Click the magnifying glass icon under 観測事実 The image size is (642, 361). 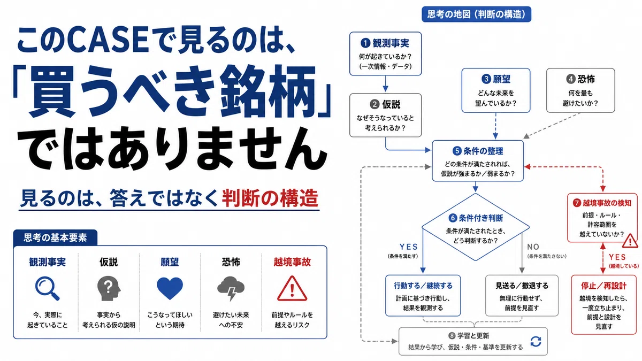47,288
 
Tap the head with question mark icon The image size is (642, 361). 109,288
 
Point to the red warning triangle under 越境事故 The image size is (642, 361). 292,288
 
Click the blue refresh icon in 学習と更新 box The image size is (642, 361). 536,341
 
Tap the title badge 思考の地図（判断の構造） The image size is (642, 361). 476,14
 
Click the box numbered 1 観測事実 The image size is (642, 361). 386,53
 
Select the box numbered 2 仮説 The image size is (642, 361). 386,115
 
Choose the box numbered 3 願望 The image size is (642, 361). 496,90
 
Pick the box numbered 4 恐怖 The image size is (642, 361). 580,90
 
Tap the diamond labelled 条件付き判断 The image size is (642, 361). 476,227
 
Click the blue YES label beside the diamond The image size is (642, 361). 408,247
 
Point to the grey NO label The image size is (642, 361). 533,247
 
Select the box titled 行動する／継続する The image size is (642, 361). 423,296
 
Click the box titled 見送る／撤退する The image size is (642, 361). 522,296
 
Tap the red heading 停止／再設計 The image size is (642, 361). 603,286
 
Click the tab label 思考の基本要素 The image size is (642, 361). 55,237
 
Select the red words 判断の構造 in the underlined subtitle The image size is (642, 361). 270,198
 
